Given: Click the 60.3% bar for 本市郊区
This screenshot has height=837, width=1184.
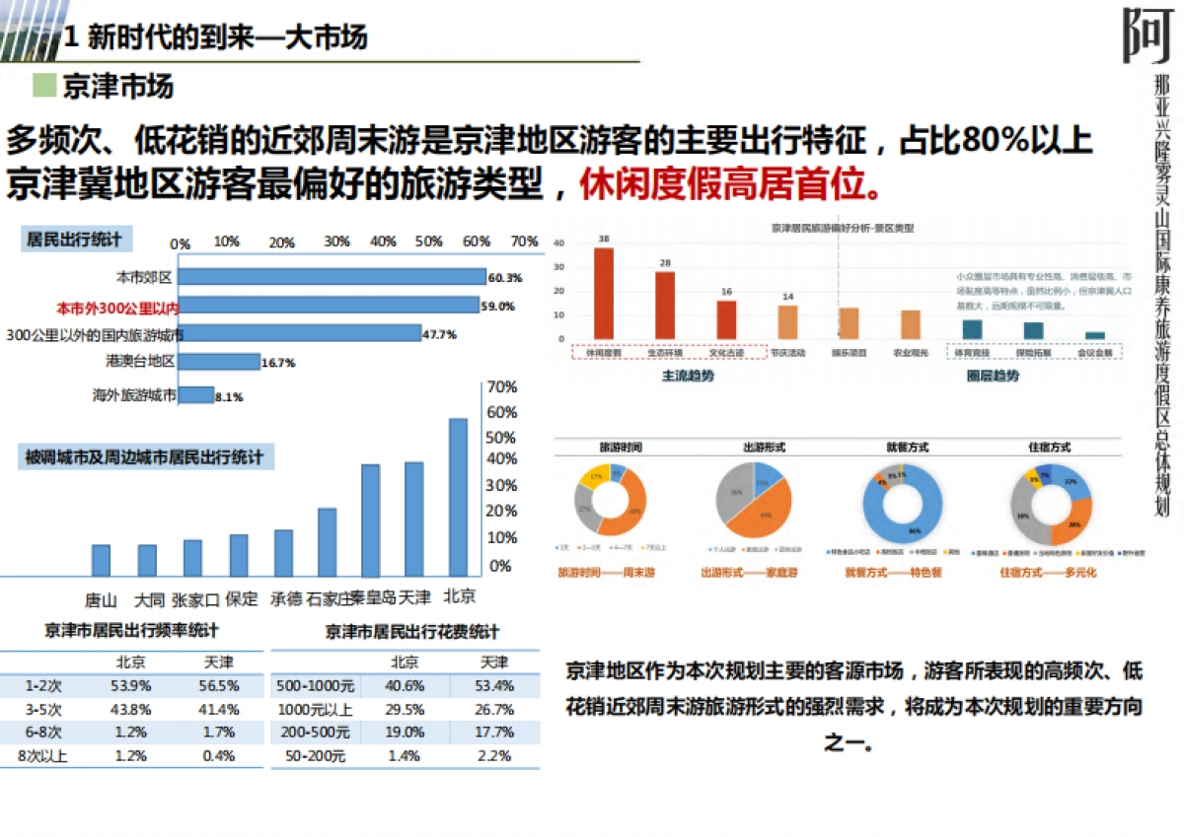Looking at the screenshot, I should (x=332, y=277).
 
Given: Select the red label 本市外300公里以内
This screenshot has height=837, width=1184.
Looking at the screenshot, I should (x=116, y=307).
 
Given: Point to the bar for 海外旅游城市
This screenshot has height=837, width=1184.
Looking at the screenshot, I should (x=196, y=395).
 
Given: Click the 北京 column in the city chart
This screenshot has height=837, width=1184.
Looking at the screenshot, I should (x=458, y=497).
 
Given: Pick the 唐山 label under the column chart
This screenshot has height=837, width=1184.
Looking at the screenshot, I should (x=101, y=600).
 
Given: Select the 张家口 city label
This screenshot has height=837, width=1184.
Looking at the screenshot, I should (x=192, y=600).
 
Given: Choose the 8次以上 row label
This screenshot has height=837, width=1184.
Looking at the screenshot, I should (x=40, y=756).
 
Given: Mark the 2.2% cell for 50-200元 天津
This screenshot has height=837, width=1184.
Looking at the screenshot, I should (x=494, y=756).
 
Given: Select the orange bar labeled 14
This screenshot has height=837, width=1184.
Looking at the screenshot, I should (x=787, y=321).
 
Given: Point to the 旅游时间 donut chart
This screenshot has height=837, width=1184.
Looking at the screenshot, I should (x=610, y=502).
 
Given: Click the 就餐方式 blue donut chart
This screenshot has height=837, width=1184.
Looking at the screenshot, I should (x=902, y=503).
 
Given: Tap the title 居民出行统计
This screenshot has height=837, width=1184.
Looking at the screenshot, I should (x=75, y=240).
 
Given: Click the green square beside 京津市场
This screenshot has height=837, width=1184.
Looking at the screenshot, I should (x=43, y=85).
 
